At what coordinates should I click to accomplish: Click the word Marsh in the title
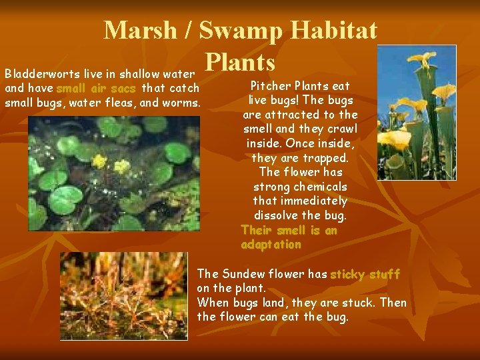click(x=141, y=30)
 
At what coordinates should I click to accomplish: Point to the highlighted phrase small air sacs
click(x=96, y=88)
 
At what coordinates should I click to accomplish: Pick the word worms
click(x=182, y=103)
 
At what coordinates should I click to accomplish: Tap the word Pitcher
click(x=269, y=86)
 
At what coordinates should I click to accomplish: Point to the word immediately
click(x=315, y=201)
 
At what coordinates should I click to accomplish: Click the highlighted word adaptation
click(x=271, y=245)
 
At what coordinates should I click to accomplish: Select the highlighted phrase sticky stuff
click(x=365, y=274)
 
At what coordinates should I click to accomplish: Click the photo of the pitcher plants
click(x=417, y=113)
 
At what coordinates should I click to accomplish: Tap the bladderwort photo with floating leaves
click(x=113, y=173)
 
